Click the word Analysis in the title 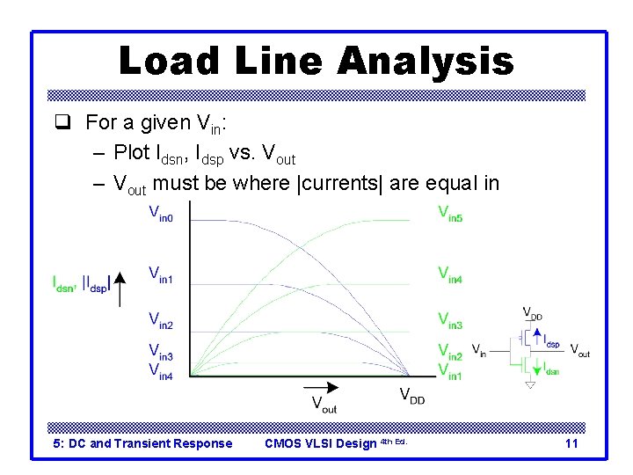[x=425, y=61]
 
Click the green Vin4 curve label [x=450, y=274]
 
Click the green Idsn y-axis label [x=66, y=283]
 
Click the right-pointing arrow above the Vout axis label [x=324, y=387]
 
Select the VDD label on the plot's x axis [x=412, y=395]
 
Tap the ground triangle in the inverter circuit [x=530, y=384]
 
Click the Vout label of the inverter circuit [x=579, y=350]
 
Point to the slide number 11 [x=571, y=443]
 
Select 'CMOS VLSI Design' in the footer [x=320, y=443]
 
